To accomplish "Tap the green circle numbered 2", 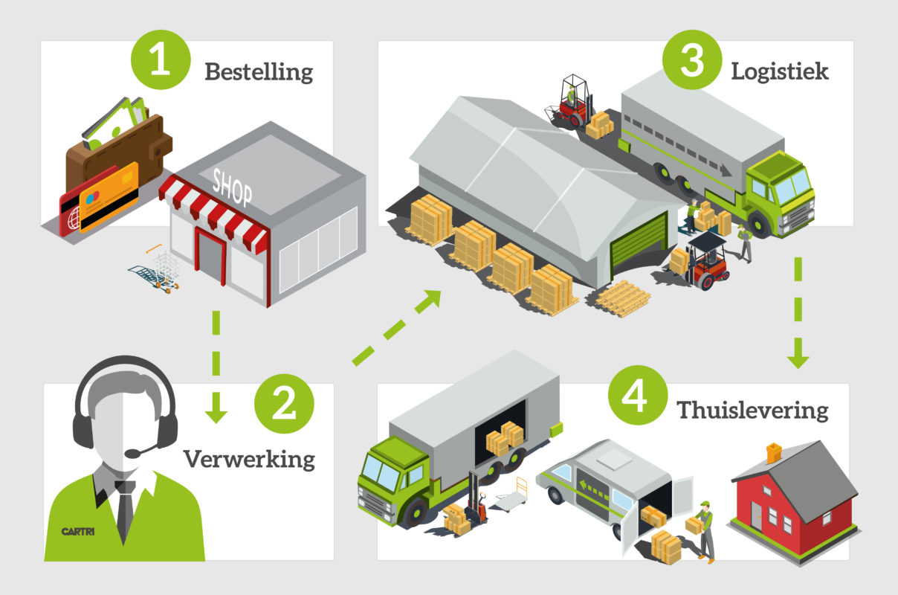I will click(x=284, y=406).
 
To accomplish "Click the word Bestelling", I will click(x=259, y=72).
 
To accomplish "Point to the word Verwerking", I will click(x=249, y=458).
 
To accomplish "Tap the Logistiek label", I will click(x=780, y=71).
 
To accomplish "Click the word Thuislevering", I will click(x=752, y=411).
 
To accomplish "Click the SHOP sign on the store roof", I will click(x=233, y=185).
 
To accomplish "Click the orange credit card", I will click(x=109, y=195).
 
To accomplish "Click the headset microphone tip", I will click(x=132, y=453).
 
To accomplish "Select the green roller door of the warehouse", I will click(x=638, y=241).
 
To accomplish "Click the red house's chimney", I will click(x=775, y=451).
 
